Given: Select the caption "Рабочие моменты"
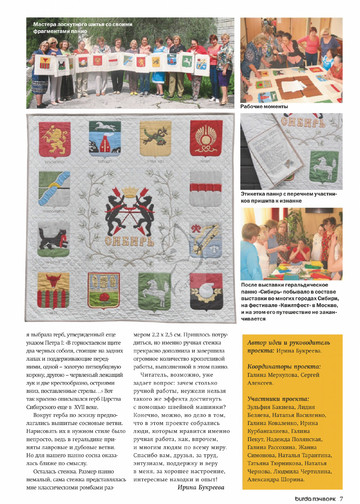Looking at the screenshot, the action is click(x=268, y=105).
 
